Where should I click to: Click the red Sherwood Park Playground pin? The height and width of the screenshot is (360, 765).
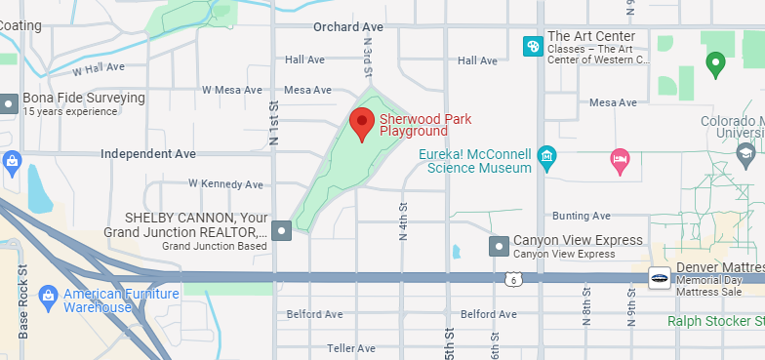363,125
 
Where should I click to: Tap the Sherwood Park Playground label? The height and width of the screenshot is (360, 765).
414,125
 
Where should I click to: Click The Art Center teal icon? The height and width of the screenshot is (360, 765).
533,45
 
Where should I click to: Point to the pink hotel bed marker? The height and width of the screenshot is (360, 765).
620,159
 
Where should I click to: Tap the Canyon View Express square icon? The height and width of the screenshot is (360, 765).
499,246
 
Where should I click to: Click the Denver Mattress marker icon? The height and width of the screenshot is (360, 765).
659,278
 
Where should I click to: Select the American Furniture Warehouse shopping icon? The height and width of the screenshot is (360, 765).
47,296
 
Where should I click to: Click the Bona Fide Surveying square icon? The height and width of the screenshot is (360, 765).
9,102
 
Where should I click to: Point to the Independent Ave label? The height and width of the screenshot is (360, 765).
148,154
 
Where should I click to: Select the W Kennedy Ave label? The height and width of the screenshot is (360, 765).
226,183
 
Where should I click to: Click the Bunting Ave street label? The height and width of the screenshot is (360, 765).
581,216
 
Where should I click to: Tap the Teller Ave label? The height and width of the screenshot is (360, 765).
351,348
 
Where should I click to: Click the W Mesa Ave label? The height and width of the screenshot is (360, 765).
232,90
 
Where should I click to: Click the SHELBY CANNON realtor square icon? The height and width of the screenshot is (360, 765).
282,230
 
